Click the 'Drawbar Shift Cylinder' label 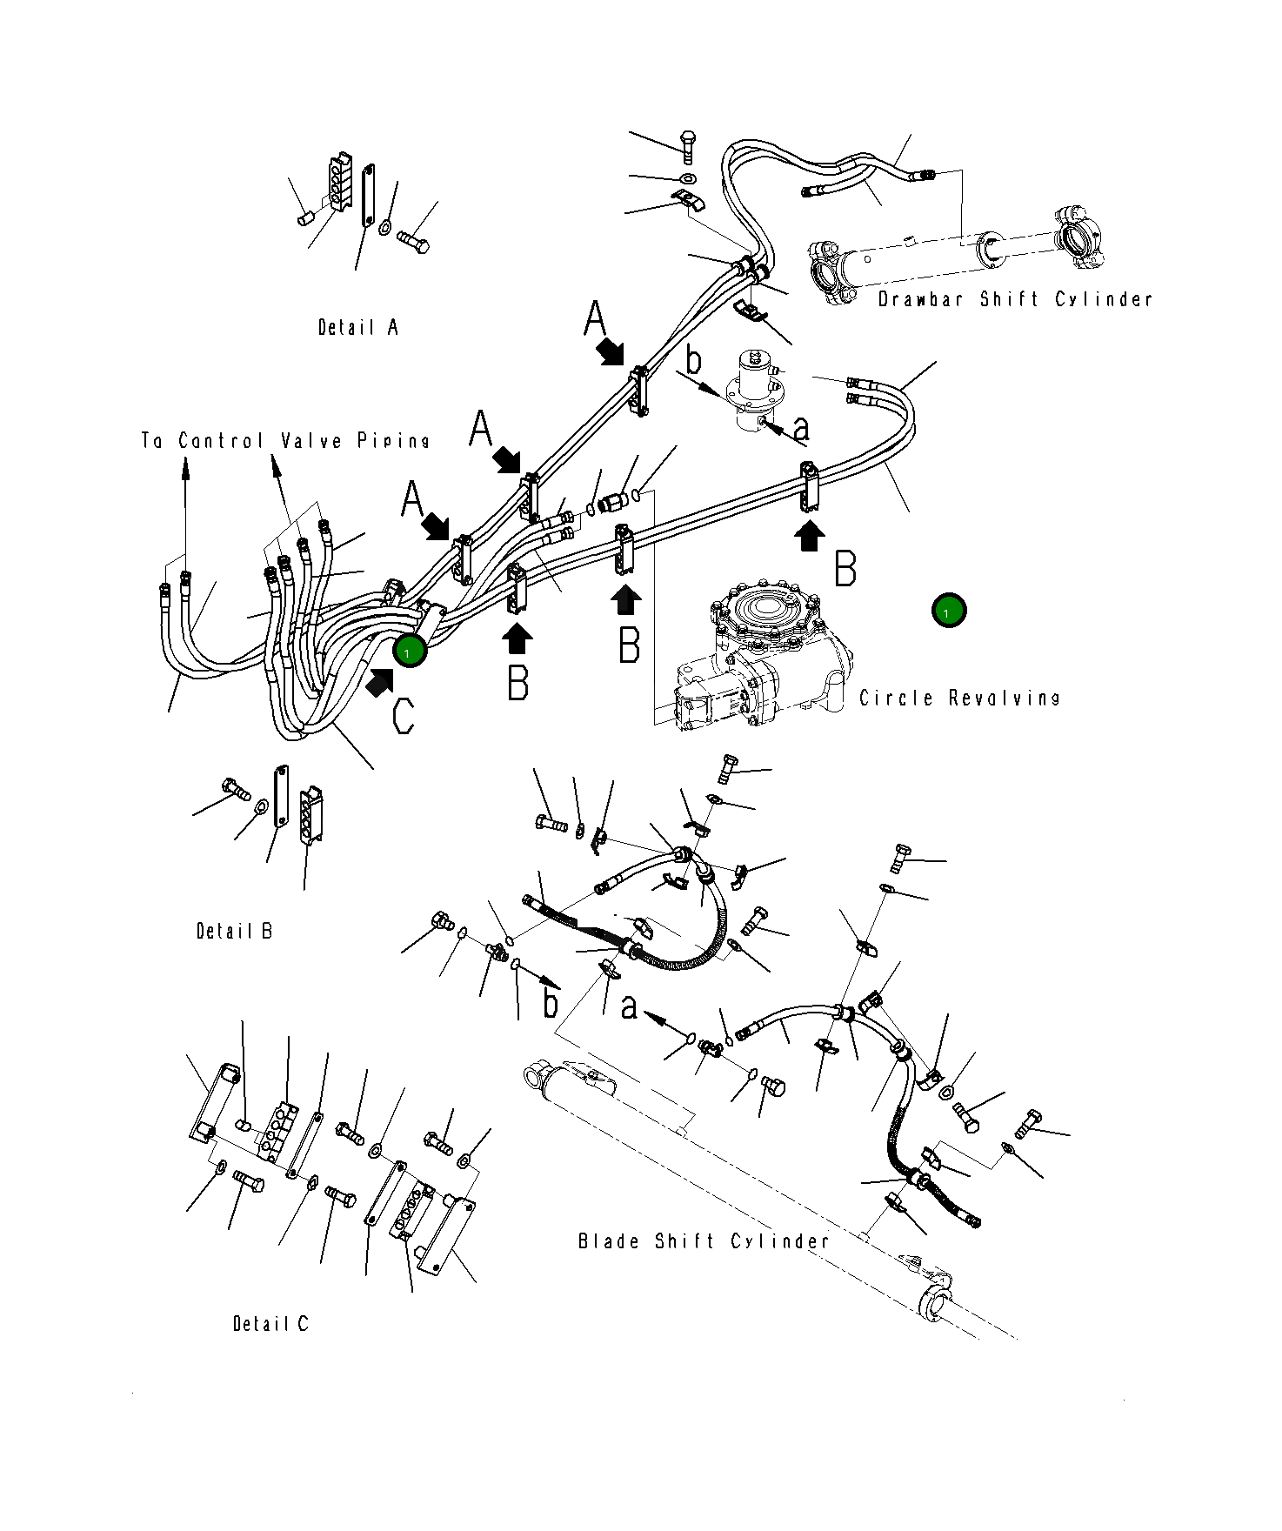(1014, 299)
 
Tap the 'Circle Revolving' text (959, 699)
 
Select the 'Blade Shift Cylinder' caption (703, 1241)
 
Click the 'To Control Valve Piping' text (285, 441)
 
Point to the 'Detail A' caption (357, 328)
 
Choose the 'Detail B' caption (234, 932)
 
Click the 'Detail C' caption (270, 1324)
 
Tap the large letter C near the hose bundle (403, 715)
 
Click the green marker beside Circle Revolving (948, 611)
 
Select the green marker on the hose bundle (409, 651)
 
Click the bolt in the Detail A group (414, 240)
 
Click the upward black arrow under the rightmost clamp (810, 535)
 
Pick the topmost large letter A (595, 318)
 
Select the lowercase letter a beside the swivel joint (801, 427)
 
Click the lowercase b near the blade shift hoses (551, 1003)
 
